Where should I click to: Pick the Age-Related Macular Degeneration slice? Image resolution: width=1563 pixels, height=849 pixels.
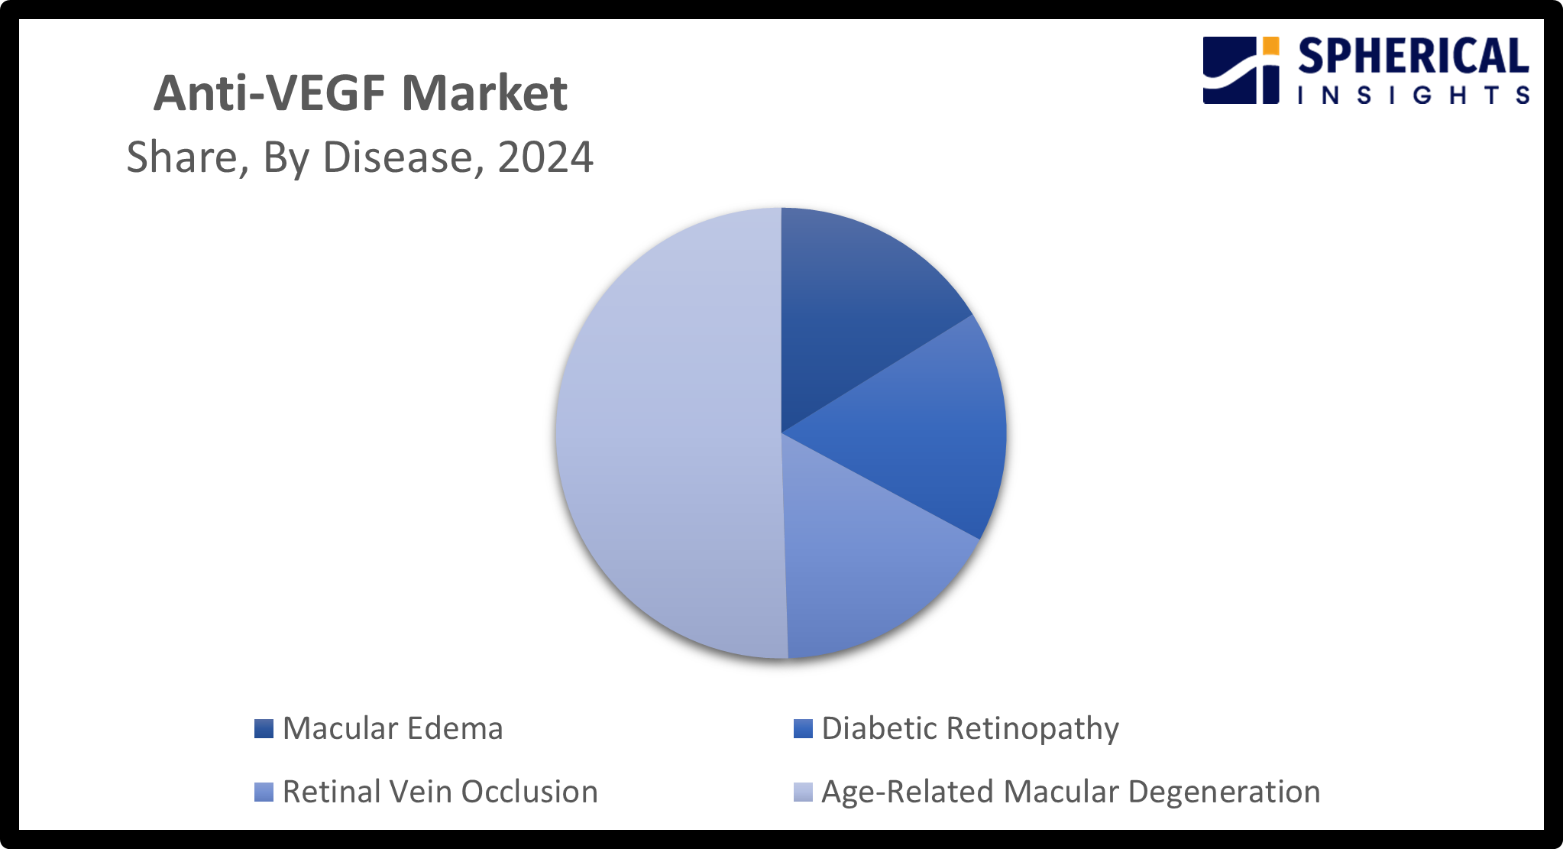pos(665,436)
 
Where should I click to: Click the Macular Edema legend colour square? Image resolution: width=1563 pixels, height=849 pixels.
pos(264,728)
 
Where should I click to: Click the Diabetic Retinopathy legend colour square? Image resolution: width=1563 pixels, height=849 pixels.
pos(803,728)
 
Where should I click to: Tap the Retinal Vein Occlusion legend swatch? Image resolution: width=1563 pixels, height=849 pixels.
pos(264,792)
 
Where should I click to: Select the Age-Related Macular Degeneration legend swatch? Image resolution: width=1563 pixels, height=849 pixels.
pos(803,792)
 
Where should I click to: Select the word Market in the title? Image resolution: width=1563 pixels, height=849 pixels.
pos(484,94)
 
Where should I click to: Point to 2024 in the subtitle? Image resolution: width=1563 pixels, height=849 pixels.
pos(545,157)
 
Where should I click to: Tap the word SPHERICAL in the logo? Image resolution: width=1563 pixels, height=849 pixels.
pos(1413,57)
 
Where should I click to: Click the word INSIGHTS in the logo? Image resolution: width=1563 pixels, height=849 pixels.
pos(1413,96)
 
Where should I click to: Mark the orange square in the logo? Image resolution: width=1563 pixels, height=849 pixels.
pos(1270,46)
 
